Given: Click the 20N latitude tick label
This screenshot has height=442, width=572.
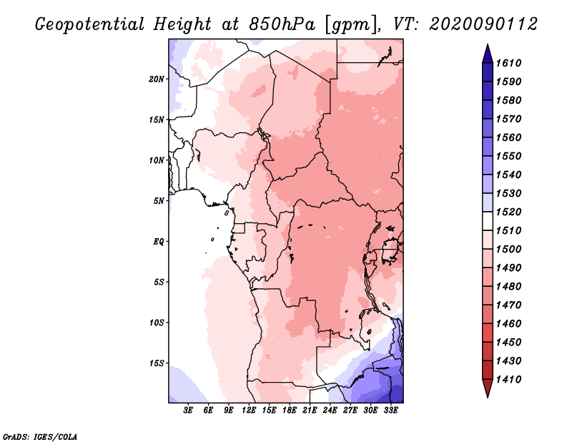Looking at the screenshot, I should click(157, 79).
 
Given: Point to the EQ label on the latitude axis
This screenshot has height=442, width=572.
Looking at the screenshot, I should click(159, 241).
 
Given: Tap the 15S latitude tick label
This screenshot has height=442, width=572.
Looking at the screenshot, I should click(157, 363).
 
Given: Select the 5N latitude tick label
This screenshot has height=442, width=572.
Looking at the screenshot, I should click(159, 201).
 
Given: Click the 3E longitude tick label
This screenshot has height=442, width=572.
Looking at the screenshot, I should click(189, 411).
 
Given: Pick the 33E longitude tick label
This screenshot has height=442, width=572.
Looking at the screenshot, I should click(390, 411).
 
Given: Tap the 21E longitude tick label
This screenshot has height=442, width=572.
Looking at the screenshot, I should click(310, 411).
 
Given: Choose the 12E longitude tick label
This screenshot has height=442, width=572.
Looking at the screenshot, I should click(250, 411).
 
